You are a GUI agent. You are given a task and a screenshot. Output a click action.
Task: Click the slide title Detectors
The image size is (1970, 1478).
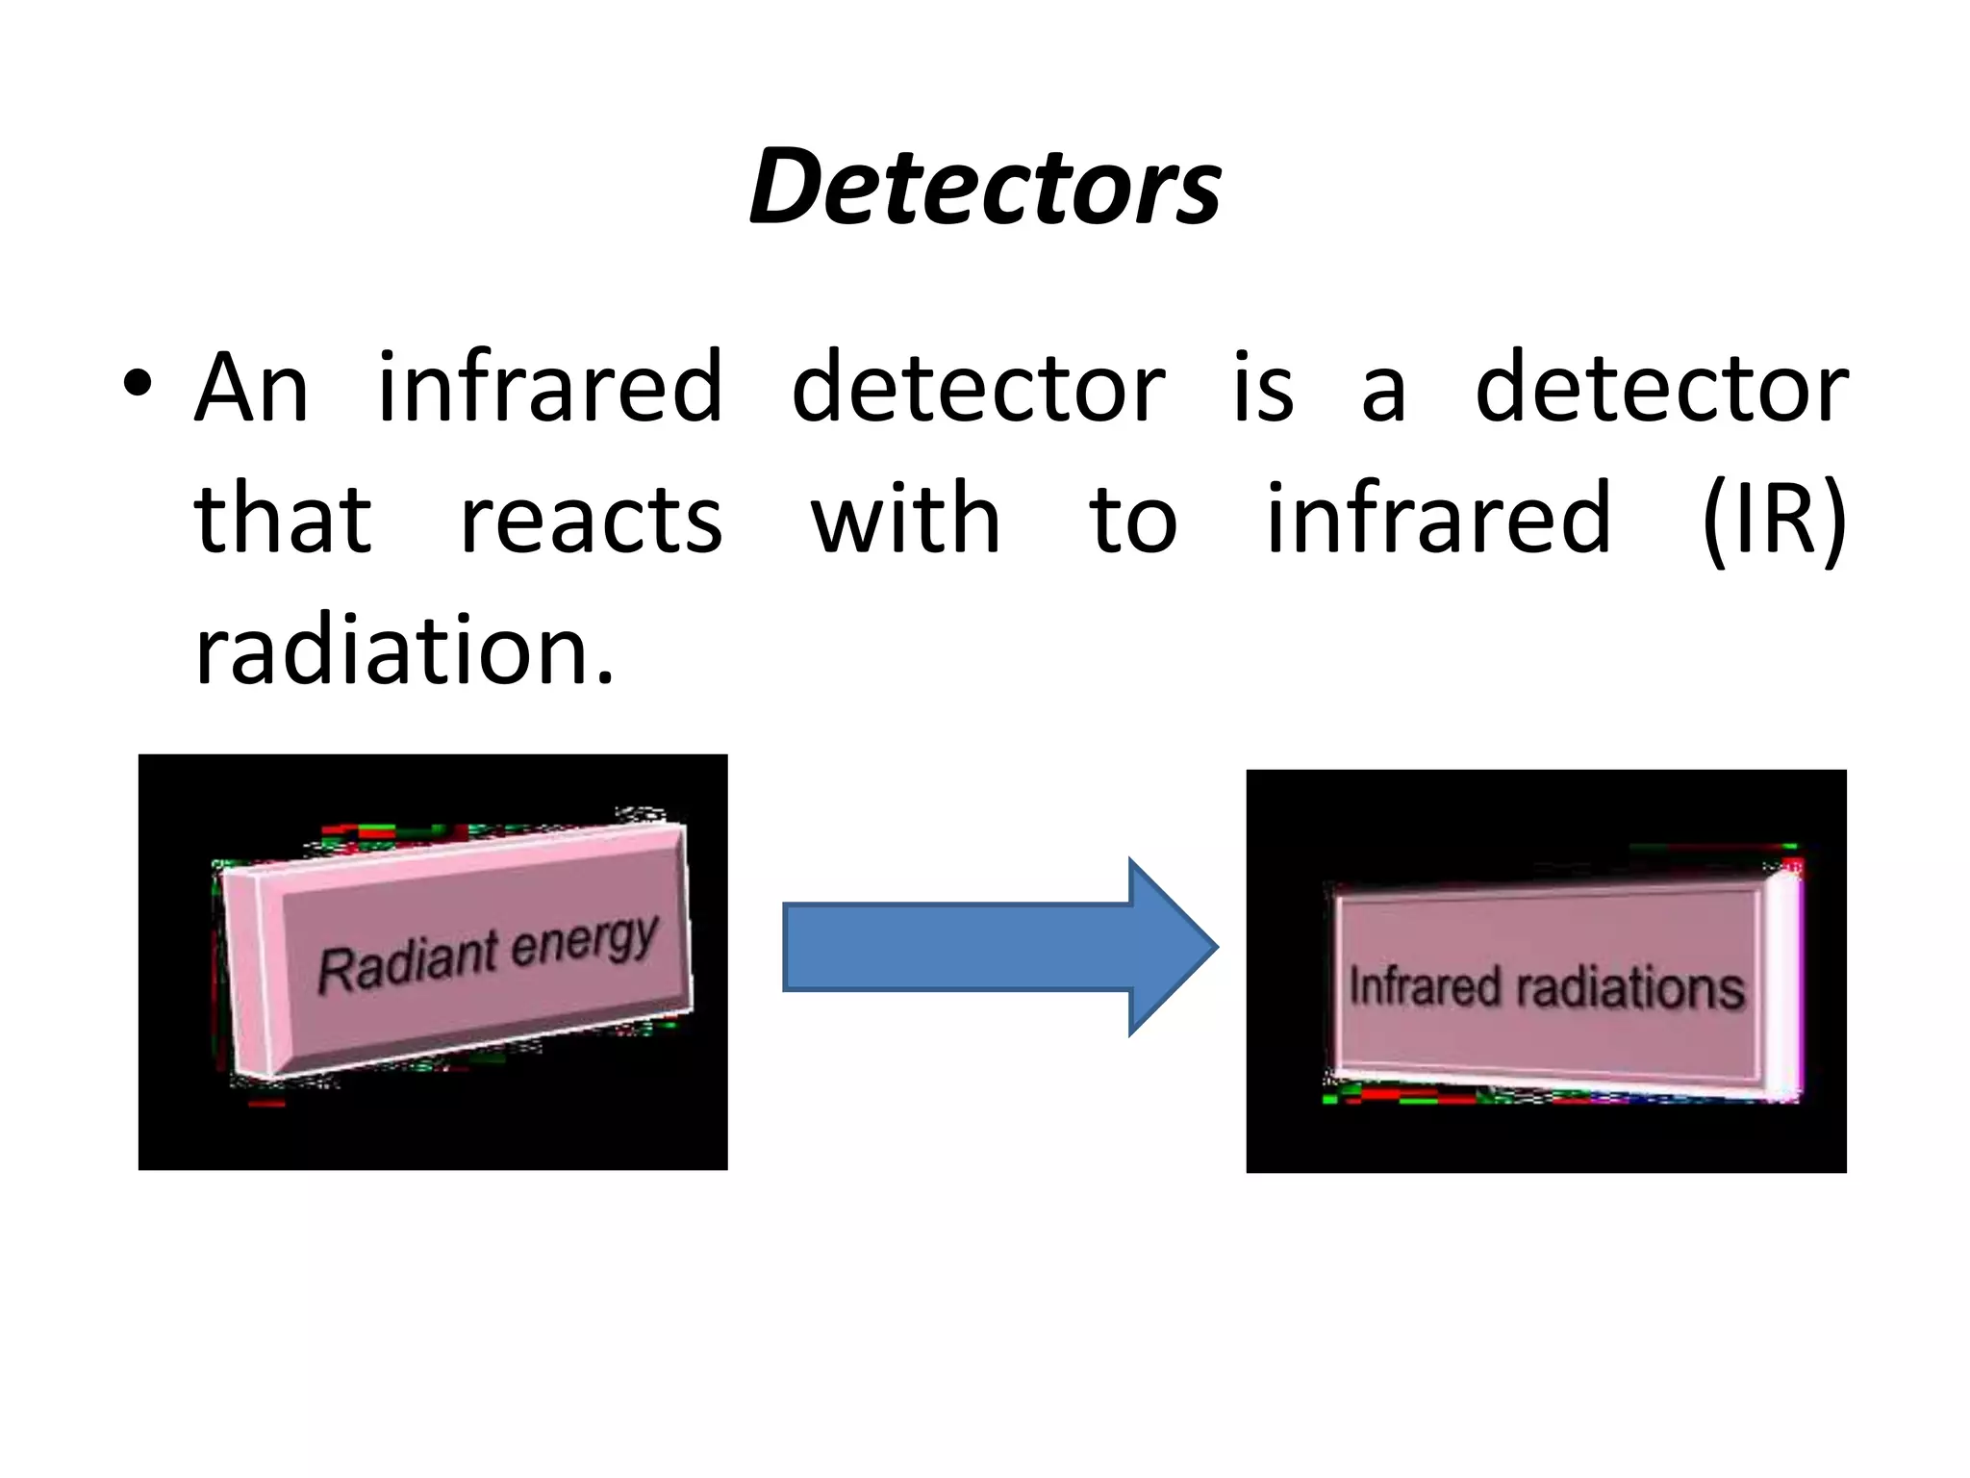(985, 187)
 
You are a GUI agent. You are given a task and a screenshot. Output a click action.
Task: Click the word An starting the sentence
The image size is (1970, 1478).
(251, 387)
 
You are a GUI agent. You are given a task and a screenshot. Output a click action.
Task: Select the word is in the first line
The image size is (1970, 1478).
(1263, 387)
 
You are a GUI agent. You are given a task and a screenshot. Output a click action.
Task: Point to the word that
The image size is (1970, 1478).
(282, 520)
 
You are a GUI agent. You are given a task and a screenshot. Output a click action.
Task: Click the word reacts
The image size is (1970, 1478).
(591, 520)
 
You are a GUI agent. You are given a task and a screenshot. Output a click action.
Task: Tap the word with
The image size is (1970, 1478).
(905, 520)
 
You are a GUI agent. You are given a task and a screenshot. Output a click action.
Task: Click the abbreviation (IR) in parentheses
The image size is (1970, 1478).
(1774, 520)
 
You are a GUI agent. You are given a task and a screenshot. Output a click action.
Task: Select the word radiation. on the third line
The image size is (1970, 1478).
(404, 650)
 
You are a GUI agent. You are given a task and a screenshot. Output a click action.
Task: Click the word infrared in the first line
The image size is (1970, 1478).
(549, 387)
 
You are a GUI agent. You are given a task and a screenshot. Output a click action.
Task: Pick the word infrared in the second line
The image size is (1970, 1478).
(1437, 520)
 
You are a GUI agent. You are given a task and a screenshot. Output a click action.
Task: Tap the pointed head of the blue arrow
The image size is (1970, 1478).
(1174, 947)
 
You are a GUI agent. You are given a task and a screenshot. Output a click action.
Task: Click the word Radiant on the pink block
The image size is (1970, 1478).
(408, 962)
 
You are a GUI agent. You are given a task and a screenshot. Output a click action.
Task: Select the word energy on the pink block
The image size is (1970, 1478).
(585, 941)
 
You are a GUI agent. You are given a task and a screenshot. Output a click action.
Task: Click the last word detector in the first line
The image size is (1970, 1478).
(1661, 387)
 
